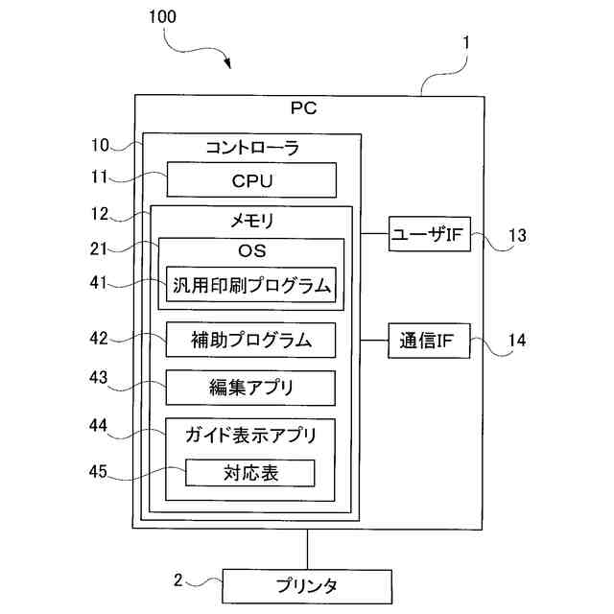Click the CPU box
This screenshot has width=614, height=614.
click(x=251, y=179)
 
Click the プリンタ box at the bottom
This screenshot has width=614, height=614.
click(x=307, y=584)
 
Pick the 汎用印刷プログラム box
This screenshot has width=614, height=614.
click(x=251, y=285)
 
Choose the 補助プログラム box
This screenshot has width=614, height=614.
click(x=251, y=340)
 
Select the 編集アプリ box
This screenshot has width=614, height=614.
click(x=251, y=388)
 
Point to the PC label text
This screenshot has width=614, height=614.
click(x=303, y=108)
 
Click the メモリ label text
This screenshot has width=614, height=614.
click(x=251, y=220)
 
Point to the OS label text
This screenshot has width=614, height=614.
click(x=251, y=251)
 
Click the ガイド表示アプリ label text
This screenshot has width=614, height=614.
click(x=251, y=434)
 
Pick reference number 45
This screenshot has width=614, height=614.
click(x=100, y=472)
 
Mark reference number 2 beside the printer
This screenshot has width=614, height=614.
click(x=177, y=579)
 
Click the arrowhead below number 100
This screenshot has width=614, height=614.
click(x=229, y=64)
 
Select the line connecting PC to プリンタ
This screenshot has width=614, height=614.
click(x=307, y=549)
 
